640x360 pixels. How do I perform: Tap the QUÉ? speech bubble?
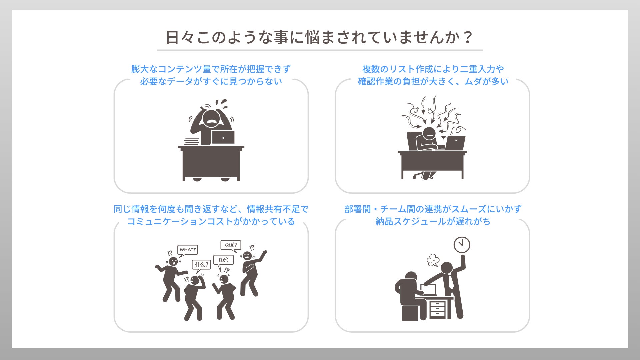(x=231, y=246)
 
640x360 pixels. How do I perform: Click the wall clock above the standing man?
(x=462, y=245)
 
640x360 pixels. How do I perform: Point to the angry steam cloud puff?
(x=433, y=260)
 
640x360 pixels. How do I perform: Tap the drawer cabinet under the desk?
(x=438, y=310)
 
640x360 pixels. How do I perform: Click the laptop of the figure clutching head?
(x=223, y=137)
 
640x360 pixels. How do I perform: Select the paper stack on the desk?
(x=192, y=142)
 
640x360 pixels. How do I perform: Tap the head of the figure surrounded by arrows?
(x=429, y=133)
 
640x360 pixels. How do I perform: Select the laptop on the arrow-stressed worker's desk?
(x=455, y=143)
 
